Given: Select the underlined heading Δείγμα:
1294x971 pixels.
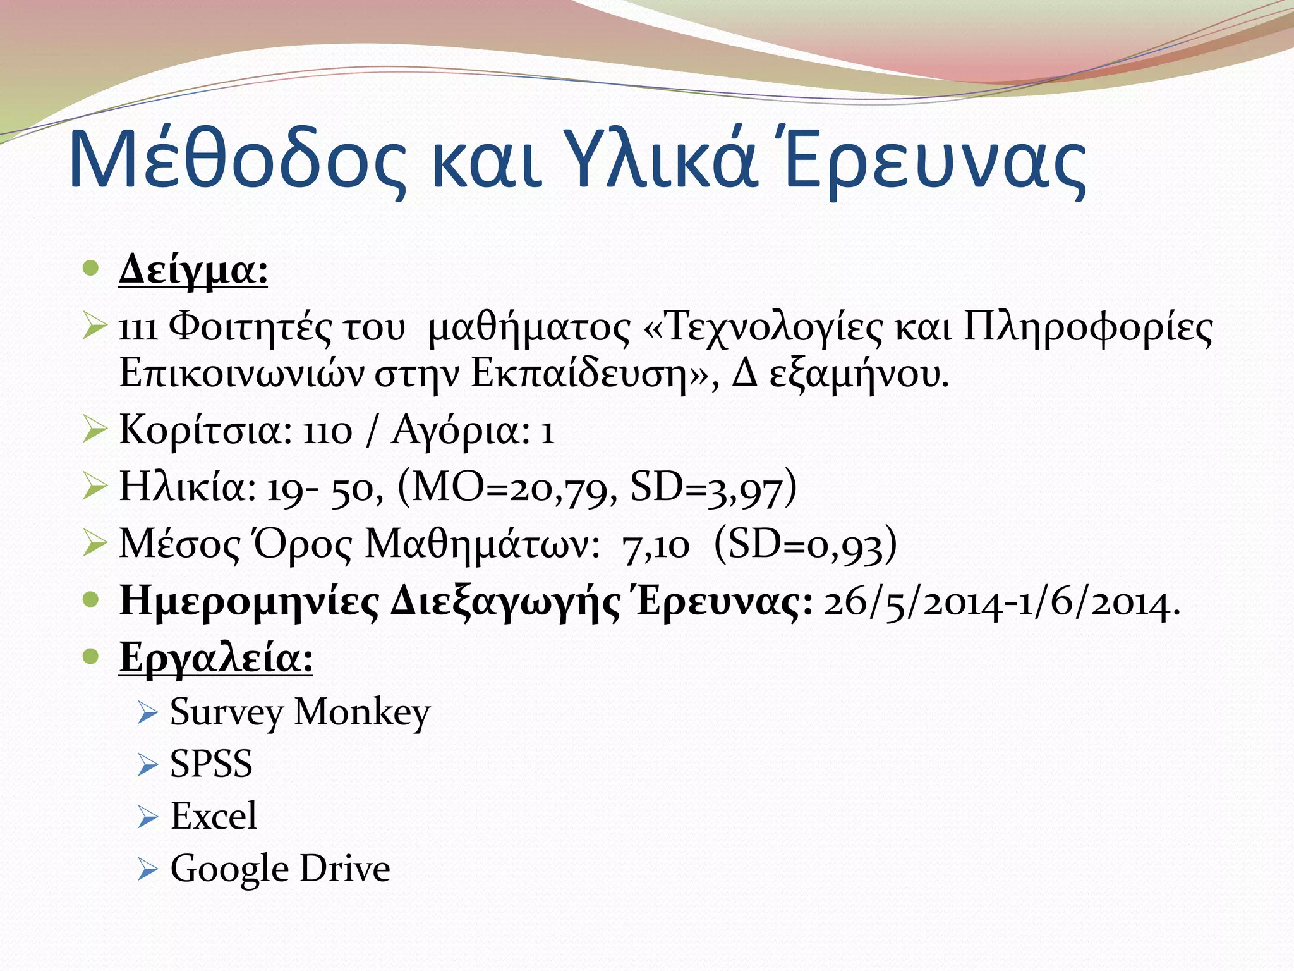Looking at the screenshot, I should pyautogui.click(x=193, y=271).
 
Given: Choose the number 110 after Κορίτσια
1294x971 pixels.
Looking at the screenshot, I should pyautogui.click(x=327, y=432).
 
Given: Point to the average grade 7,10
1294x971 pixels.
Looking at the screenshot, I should pyautogui.click(x=656, y=546).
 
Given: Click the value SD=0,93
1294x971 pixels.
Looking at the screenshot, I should pyautogui.click(x=805, y=546).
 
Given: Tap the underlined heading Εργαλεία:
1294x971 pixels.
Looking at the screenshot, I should pyautogui.click(x=215, y=659).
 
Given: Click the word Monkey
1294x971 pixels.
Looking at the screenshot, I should pyautogui.click(x=362, y=712).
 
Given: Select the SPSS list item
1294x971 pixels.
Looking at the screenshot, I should pyautogui.click(x=211, y=764).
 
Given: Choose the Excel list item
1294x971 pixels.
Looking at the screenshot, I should pyautogui.click(x=214, y=816).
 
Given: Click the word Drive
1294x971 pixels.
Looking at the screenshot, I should pyautogui.click(x=344, y=869).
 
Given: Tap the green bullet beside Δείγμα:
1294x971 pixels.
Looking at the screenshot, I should pyautogui.click(x=92, y=269).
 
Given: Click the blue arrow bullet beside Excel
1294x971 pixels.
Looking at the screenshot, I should pyautogui.click(x=147, y=817).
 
